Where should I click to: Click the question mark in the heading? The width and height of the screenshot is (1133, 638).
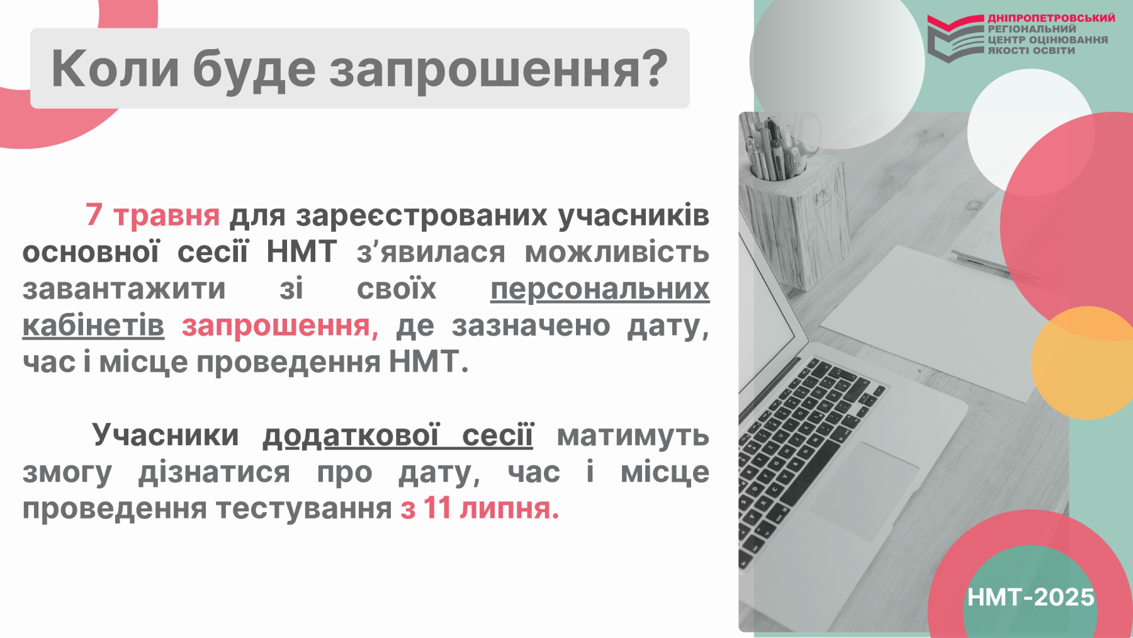(x=655, y=68)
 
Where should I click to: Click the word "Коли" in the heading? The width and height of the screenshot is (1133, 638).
(x=115, y=69)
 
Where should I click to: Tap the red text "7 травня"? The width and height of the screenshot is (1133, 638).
(x=152, y=215)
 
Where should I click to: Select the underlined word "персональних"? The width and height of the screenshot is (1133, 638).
(x=600, y=288)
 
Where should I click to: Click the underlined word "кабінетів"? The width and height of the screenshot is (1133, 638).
(x=93, y=325)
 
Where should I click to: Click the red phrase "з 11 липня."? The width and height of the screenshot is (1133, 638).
(x=480, y=508)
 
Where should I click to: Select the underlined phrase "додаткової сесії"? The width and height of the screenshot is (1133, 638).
(x=398, y=435)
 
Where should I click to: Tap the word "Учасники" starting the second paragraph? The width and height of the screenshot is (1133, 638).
(x=166, y=435)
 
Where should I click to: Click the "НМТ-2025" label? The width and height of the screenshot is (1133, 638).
(x=1031, y=597)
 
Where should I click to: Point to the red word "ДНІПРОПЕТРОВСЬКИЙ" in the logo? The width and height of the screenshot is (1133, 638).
(x=1051, y=18)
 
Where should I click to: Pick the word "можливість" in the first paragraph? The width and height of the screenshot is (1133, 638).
(x=617, y=252)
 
